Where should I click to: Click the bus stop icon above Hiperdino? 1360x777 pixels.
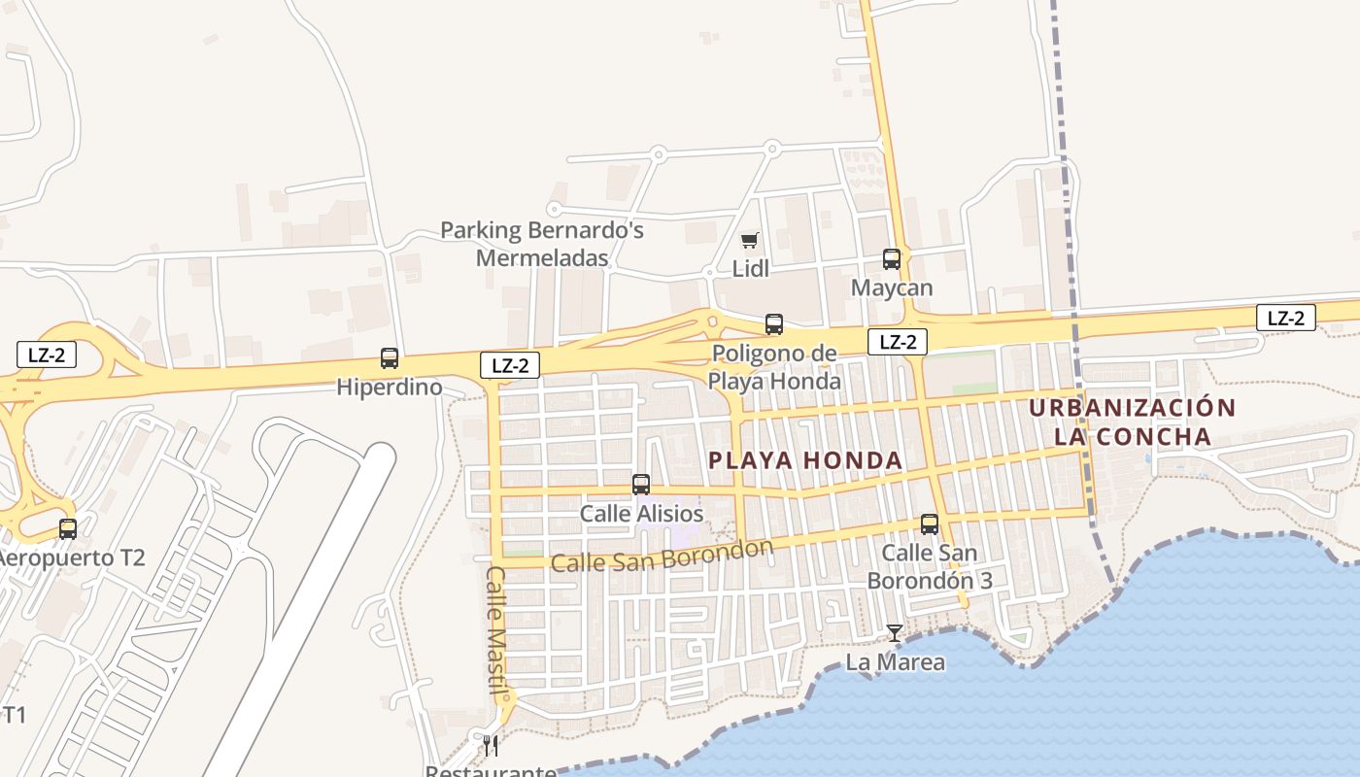click(x=390, y=358)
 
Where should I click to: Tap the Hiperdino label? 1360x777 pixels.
click(x=389, y=388)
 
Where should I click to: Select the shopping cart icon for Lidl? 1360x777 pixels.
click(x=749, y=240)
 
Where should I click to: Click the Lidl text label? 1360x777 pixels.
click(x=750, y=268)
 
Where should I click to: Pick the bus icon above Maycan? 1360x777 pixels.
click(x=892, y=259)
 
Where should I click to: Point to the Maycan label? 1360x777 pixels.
click(x=892, y=288)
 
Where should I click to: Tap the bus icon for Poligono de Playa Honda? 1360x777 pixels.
click(x=774, y=324)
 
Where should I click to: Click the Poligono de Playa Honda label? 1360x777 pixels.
click(x=774, y=367)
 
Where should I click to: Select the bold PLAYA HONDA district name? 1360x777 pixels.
click(x=805, y=460)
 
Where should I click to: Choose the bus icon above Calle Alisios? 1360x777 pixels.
click(x=641, y=485)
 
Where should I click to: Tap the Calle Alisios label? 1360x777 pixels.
click(x=641, y=514)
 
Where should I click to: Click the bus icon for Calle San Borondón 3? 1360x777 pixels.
click(x=930, y=524)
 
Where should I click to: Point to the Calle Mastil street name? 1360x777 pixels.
click(x=496, y=622)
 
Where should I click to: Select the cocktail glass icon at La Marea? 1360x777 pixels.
click(x=895, y=633)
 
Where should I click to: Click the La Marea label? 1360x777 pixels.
click(x=895, y=662)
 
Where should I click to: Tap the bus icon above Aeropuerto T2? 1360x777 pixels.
click(x=68, y=529)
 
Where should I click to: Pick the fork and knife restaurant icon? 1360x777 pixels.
click(x=491, y=746)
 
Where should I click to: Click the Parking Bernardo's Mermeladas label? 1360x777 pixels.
click(x=542, y=244)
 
